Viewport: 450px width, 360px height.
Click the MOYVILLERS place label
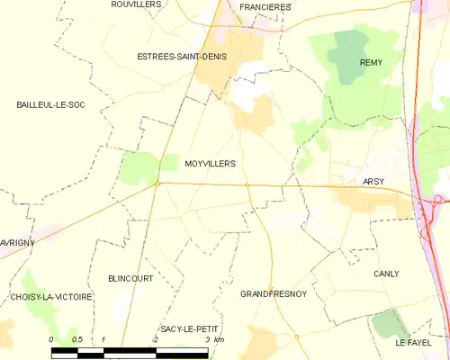click(210, 164)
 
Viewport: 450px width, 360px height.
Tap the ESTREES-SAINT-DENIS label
click(182, 57)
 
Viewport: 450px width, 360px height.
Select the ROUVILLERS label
click(136, 4)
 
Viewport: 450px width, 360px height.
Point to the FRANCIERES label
click(265, 7)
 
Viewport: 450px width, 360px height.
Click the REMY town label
click(372, 62)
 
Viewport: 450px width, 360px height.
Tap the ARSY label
click(373, 182)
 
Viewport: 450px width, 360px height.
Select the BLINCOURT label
click(130, 279)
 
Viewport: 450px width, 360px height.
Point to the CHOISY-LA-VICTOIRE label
click(52, 297)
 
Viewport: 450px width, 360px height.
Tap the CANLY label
click(386, 274)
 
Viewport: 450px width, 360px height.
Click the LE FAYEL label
click(414, 344)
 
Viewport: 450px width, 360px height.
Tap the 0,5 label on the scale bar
click(77, 339)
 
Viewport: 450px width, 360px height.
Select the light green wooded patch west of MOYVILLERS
click(139, 166)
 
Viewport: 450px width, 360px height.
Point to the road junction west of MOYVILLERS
click(157, 184)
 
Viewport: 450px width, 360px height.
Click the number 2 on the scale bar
click(156, 339)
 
